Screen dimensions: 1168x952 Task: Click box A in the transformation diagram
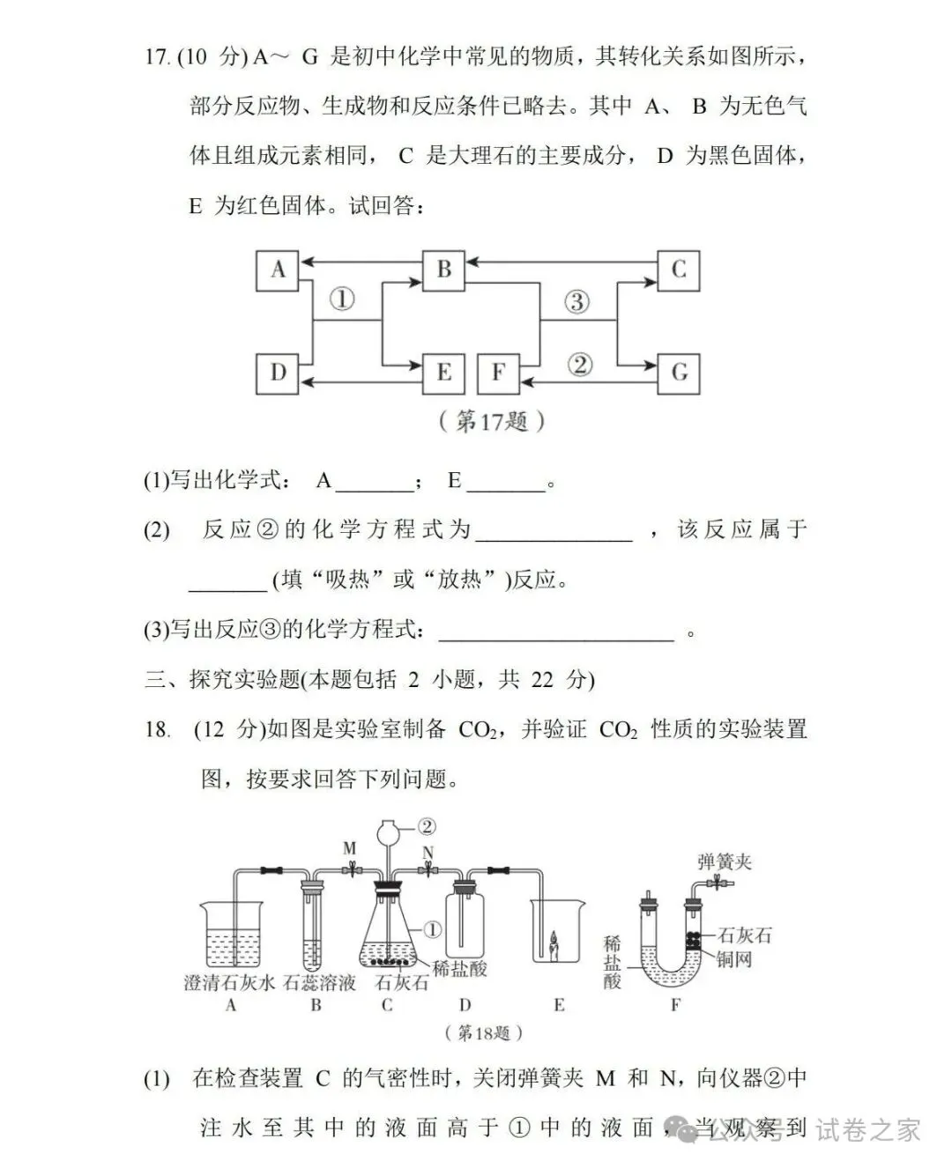pos(278,270)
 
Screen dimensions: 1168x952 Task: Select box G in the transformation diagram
pos(679,373)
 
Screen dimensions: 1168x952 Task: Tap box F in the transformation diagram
pos(498,373)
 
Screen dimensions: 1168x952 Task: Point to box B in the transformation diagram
pos(444,270)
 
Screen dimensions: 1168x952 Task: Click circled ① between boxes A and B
pos(342,299)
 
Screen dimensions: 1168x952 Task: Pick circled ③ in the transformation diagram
pos(576,302)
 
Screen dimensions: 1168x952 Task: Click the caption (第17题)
pos(491,421)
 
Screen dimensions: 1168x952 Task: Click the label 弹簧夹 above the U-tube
pos(724,861)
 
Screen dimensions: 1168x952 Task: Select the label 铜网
pos(735,959)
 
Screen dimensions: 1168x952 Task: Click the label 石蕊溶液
pos(319,983)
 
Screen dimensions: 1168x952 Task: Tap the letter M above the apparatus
pos(350,848)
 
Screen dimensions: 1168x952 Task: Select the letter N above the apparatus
pos(428,852)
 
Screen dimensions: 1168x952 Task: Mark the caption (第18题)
pos(485,1032)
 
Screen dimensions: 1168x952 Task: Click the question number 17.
pos(156,57)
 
